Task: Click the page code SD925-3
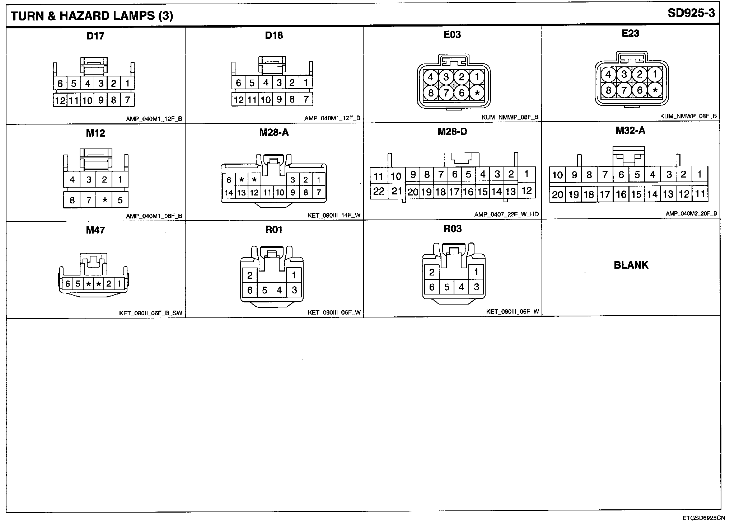click(x=691, y=14)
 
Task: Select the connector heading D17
click(x=95, y=36)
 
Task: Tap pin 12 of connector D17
click(x=60, y=100)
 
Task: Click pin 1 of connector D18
click(x=306, y=83)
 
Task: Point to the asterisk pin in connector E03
click(x=477, y=93)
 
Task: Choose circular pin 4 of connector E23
click(x=608, y=75)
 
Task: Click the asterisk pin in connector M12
click(x=105, y=200)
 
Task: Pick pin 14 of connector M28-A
click(x=229, y=193)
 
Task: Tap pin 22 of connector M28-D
click(x=378, y=191)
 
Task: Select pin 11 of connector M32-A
click(x=700, y=194)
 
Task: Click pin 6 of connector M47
click(x=67, y=284)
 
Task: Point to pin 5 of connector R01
click(x=265, y=290)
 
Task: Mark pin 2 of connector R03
click(x=432, y=273)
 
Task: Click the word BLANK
click(x=631, y=265)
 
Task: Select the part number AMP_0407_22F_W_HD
click(x=506, y=214)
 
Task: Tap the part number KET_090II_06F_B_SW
click(x=151, y=313)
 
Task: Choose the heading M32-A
click(x=630, y=131)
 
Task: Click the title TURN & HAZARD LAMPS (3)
click(x=92, y=16)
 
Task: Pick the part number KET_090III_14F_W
click(x=334, y=216)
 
